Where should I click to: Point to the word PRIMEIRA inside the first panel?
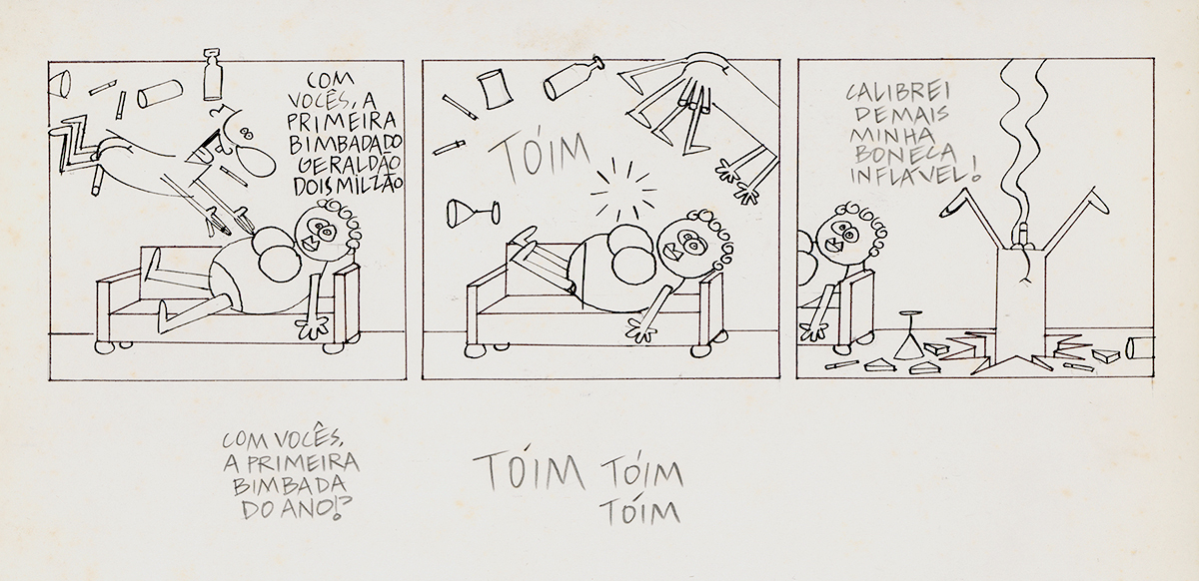click(x=342, y=121)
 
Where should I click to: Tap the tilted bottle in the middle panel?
click(x=572, y=79)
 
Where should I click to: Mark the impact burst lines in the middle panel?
click(x=623, y=190)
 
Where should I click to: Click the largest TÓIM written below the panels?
click(x=528, y=473)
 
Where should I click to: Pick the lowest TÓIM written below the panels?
click(x=639, y=512)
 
